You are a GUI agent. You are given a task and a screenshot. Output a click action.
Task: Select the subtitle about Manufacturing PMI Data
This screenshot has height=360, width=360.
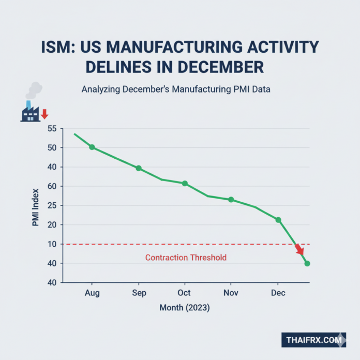coord(176,89)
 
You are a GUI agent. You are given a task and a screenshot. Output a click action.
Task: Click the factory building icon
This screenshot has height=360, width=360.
coord(31,113)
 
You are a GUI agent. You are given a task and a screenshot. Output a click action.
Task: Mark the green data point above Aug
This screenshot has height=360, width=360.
coord(92,147)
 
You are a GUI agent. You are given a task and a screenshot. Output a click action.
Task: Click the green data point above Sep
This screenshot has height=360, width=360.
coord(139,168)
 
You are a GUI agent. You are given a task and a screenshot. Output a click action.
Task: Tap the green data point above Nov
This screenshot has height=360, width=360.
coord(231,200)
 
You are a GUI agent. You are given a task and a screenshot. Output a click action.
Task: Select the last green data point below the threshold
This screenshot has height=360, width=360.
coord(307,264)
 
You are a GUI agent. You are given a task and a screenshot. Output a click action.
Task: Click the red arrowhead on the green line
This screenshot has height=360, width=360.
coord(299,250)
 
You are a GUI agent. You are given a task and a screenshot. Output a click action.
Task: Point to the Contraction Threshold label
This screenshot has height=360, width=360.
coord(186,257)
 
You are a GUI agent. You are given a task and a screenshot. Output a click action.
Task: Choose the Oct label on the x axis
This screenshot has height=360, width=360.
coord(184,293)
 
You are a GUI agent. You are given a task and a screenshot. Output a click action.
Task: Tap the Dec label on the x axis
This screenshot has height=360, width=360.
coord(277,293)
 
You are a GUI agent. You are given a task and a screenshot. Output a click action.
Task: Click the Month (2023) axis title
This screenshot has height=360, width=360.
coord(185,308)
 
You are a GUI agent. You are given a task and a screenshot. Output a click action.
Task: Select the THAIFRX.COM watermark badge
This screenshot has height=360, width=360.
coord(314,340)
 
